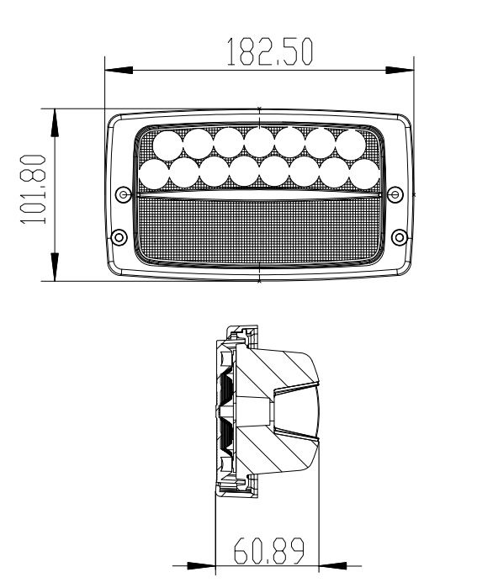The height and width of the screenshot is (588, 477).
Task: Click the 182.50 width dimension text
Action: [269, 52]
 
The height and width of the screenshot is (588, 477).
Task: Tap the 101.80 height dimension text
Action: [33, 189]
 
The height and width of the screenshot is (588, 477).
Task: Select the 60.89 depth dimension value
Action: [269, 551]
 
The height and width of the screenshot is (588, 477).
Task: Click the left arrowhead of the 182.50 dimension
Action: [119, 70]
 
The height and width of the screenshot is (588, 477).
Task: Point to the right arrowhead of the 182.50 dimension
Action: [400, 70]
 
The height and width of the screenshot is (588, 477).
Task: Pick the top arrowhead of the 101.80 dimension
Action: [55, 123]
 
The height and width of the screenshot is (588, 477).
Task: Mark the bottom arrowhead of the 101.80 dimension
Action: [55, 267]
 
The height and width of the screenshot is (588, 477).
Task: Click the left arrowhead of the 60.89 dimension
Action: [201, 565]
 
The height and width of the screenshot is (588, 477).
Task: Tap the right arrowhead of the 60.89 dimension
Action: [332, 565]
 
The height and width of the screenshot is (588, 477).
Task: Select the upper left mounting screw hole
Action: [124, 194]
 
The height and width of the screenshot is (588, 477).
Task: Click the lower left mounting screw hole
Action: [119, 237]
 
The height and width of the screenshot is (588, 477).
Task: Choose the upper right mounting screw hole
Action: [395, 194]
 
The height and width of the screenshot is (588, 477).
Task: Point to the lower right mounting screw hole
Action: [400, 237]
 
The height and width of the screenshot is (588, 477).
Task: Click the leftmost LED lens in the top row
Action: [168, 146]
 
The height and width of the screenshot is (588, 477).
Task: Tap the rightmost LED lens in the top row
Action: [350, 143]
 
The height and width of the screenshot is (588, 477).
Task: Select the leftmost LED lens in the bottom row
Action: [154, 173]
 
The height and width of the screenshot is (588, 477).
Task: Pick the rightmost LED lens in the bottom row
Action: [365, 173]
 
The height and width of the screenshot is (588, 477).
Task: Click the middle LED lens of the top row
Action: [259, 142]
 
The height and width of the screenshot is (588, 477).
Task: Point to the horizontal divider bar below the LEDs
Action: [259, 195]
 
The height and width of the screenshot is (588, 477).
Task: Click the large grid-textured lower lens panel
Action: [259, 230]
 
